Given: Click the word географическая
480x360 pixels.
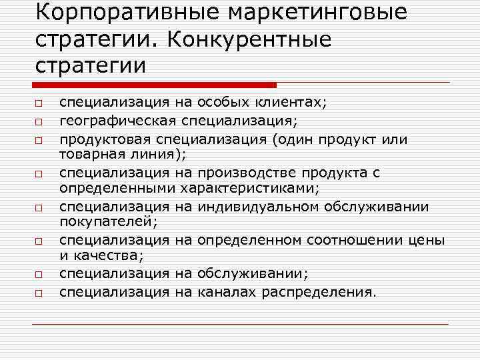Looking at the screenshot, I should point(117,120).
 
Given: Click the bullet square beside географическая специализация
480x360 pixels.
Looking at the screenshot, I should point(39,122).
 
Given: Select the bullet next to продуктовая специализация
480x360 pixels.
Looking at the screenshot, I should point(39,140).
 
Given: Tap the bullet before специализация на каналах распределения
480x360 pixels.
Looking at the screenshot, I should point(39,293).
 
